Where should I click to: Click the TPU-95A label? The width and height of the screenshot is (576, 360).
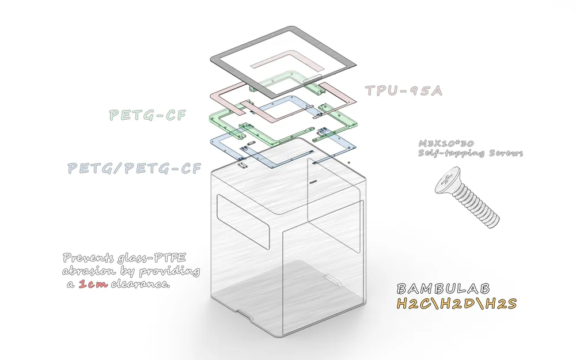403,91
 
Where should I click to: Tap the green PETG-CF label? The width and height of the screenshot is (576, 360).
147,115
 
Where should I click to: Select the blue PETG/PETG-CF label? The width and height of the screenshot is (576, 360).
134,168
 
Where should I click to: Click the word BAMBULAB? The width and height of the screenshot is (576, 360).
443,289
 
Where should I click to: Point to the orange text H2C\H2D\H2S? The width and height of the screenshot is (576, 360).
457,304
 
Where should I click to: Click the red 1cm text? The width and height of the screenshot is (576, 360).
93,284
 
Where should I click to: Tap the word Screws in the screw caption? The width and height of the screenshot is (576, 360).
506,153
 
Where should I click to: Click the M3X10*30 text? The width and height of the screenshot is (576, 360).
446,143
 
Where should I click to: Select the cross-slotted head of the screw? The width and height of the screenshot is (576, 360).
448,180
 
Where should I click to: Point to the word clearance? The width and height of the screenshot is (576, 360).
141,284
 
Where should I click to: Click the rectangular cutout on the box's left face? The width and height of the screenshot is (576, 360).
244,221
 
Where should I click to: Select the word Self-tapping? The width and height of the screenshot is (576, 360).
453,153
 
